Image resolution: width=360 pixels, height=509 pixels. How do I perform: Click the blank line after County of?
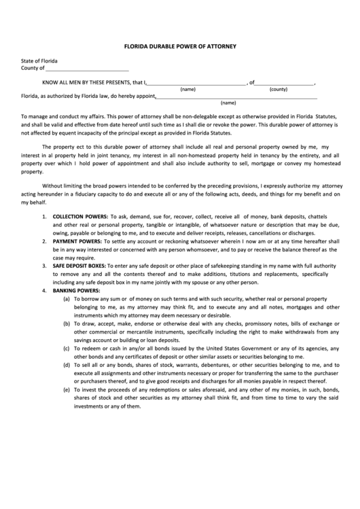(87, 69)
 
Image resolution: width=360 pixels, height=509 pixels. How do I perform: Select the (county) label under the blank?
(278, 90)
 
